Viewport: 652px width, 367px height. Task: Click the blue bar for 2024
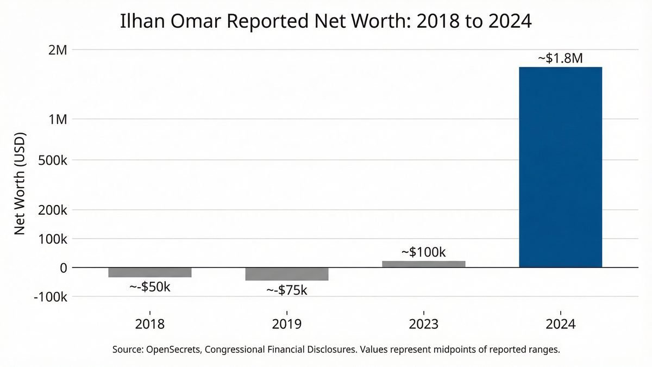[x=560, y=167]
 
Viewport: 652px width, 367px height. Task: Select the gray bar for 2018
[x=150, y=272]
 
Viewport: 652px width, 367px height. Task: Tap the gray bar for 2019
[x=287, y=274]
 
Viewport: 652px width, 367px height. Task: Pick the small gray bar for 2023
[x=424, y=264]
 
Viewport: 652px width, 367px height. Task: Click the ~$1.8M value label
[x=560, y=59]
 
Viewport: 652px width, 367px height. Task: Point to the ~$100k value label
[x=424, y=252]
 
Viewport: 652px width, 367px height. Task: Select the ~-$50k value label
[x=150, y=287]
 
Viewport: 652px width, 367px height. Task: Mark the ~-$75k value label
[x=287, y=290]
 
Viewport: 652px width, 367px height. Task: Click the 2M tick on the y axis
[x=58, y=50]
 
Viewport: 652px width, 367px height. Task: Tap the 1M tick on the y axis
[x=58, y=119]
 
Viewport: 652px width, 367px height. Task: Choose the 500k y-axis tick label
[x=53, y=160]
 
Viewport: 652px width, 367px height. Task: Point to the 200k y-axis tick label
[x=53, y=210]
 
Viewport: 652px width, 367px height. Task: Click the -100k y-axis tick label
[x=51, y=297]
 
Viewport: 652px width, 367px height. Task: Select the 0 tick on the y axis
[x=63, y=268]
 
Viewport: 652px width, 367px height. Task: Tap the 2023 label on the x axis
[x=424, y=325]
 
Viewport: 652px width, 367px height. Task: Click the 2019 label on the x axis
[x=287, y=325]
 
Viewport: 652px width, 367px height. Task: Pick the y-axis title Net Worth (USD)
[x=20, y=183]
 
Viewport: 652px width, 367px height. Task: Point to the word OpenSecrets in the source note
[x=174, y=350]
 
